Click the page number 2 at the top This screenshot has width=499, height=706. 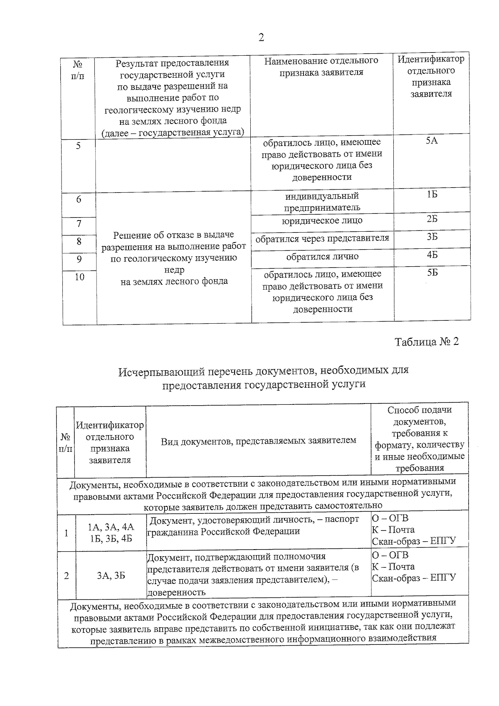coord(261,38)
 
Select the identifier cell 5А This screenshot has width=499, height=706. coord(432,141)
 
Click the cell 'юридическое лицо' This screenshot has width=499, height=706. coord(322,220)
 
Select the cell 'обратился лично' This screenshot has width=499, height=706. coord(322,257)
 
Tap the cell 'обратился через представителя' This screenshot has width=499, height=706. coord(322,238)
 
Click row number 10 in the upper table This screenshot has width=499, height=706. coord(79,277)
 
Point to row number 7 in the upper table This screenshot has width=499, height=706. coord(79,224)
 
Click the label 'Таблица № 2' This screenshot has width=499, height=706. coord(426,342)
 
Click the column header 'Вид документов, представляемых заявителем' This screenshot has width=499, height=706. coord(258,441)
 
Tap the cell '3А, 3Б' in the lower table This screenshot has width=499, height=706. coord(111,575)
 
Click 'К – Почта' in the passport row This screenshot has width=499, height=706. coord(393,530)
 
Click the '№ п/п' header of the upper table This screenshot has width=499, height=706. coord(78,70)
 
